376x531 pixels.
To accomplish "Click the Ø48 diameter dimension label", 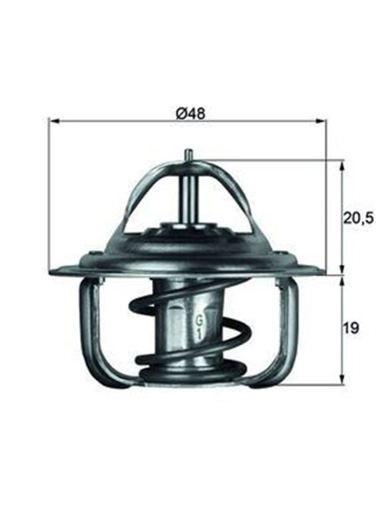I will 189,111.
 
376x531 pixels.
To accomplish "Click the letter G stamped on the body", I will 199,319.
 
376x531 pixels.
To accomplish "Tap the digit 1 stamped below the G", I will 199,333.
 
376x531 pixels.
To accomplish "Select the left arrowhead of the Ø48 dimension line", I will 56,122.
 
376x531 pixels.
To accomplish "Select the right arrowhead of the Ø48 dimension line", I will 321,122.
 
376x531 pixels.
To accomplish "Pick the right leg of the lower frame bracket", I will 292,328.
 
